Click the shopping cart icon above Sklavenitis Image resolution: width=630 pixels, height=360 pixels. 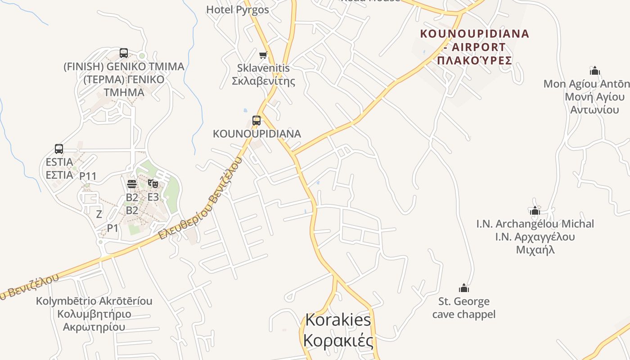(263, 55)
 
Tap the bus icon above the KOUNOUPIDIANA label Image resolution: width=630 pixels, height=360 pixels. (256, 121)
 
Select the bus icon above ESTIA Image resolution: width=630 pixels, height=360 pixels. (59, 149)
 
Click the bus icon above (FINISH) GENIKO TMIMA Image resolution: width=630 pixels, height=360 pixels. (124, 53)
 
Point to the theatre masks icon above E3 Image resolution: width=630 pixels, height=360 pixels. (153, 184)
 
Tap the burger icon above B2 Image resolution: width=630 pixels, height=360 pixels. (132, 184)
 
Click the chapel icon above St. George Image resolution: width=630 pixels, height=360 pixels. (464, 288)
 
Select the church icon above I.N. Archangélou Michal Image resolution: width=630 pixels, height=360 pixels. (535, 210)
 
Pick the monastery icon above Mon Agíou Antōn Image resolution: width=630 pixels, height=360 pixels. (595, 71)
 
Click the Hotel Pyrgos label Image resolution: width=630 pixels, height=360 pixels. (238, 9)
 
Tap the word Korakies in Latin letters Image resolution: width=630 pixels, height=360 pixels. (338, 320)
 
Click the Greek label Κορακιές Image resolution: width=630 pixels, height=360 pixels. (338, 341)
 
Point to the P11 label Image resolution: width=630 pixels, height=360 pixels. (88, 176)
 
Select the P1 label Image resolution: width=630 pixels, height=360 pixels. (112, 228)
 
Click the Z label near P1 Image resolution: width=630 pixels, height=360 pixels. (99, 214)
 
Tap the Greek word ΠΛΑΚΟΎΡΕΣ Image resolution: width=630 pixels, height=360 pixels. (474, 60)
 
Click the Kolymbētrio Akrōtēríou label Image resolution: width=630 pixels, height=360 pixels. (94, 301)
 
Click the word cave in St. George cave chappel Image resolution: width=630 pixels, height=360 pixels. (445, 314)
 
